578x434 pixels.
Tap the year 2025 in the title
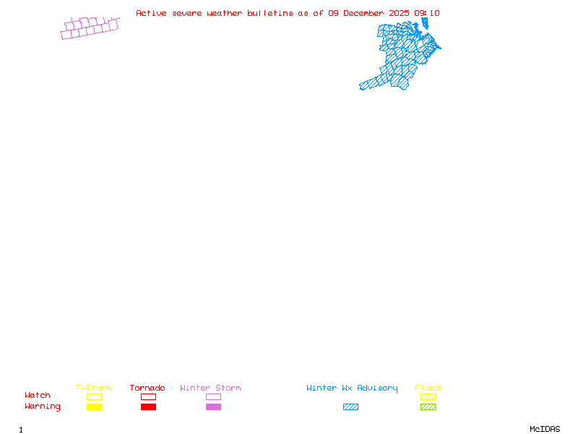400,13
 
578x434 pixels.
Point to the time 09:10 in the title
427,13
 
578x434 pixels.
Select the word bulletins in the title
270,13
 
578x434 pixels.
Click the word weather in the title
225,13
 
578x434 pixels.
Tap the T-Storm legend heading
93,388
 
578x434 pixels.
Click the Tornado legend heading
147,388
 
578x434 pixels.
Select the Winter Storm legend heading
210,388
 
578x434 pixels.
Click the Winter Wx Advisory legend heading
352,388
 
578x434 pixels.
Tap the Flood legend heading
428,388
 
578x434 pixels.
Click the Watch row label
38,396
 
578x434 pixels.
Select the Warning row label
43,407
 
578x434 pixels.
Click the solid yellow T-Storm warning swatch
94,407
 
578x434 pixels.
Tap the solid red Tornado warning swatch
148,407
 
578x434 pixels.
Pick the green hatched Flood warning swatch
428,407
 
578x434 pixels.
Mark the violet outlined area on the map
90,28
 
